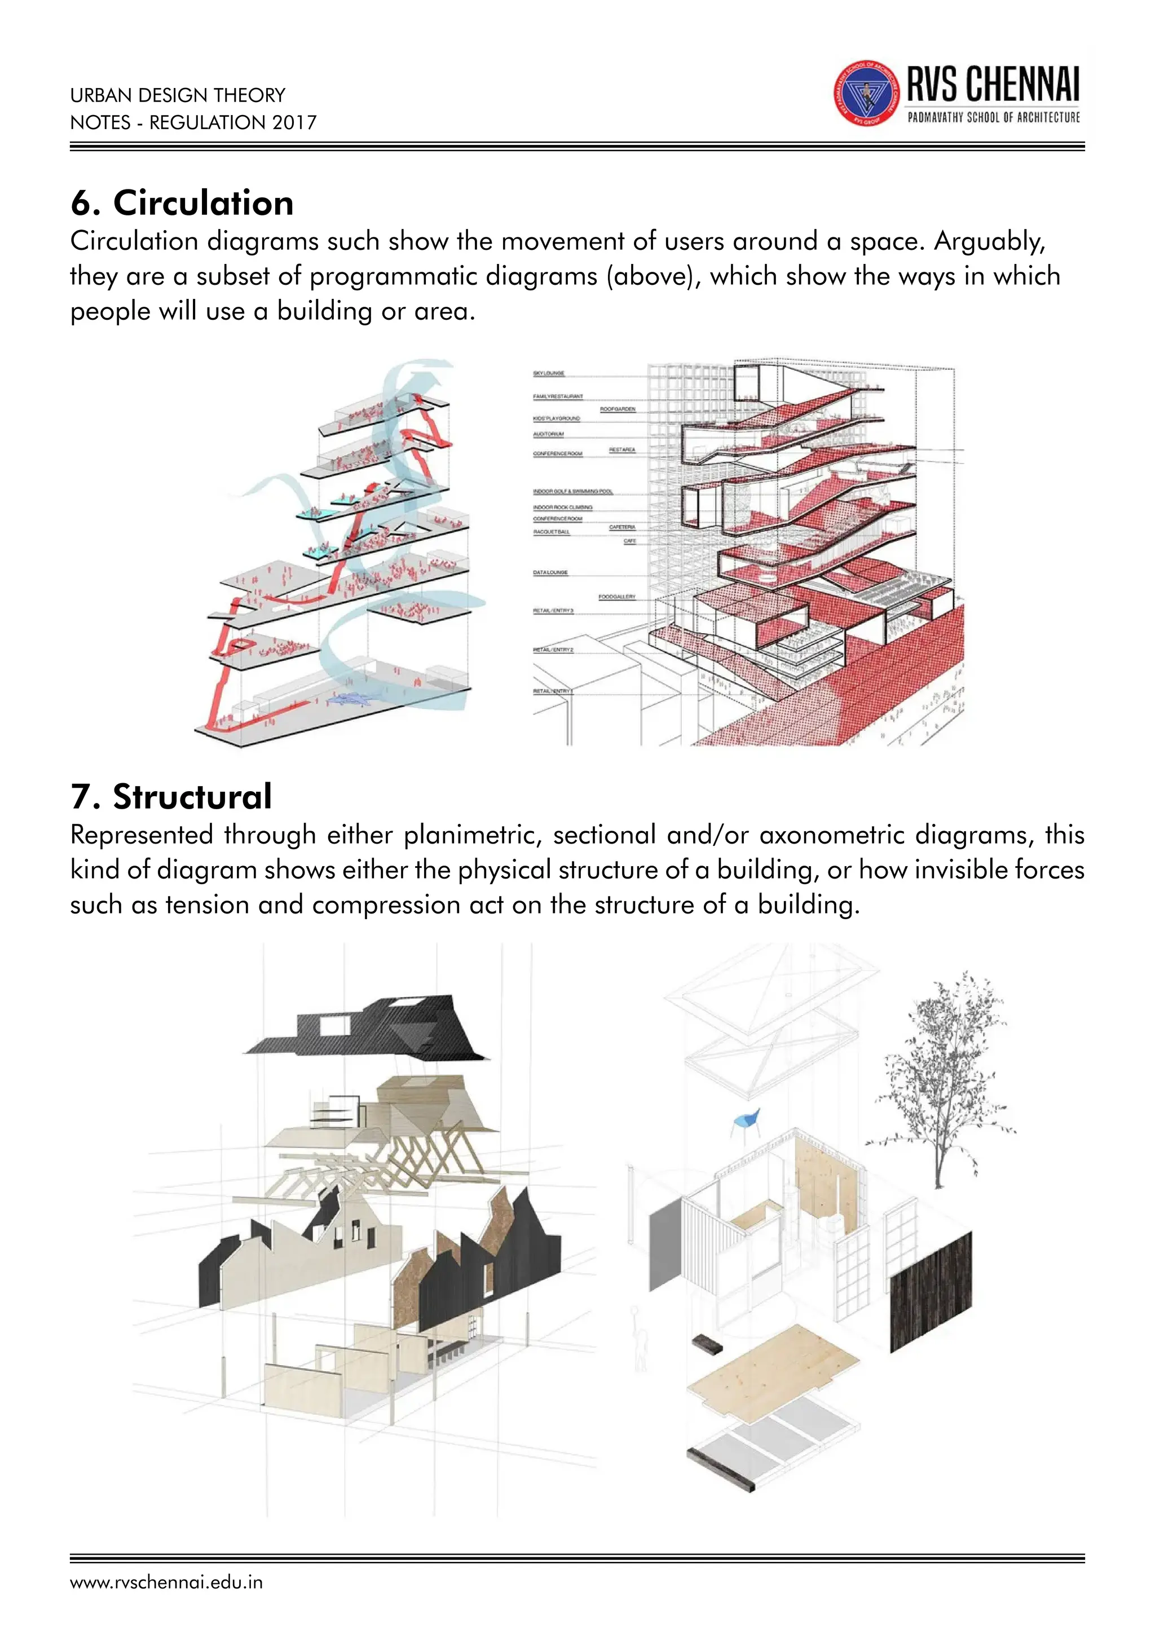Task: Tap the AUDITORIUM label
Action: [548, 434]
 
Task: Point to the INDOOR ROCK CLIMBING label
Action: [563, 507]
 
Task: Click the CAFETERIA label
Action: [622, 527]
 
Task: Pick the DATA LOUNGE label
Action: [550, 572]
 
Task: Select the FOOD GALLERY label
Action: [616, 597]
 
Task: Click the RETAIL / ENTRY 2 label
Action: [553, 650]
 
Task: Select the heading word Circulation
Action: [204, 204]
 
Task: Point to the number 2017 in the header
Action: [294, 122]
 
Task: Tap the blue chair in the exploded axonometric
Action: [746, 1122]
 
